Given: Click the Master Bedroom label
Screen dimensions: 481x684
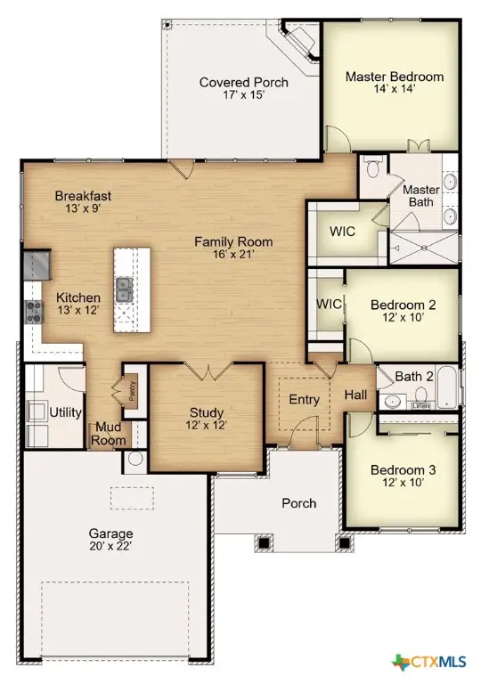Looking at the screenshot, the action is click(395, 77).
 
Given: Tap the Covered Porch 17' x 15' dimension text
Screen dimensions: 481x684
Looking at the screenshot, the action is click(243, 94).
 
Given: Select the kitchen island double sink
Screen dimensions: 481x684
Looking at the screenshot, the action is click(125, 289).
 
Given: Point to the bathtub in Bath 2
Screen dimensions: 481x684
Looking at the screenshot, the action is click(447, 387).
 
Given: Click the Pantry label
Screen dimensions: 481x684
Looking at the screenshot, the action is click(133, 391).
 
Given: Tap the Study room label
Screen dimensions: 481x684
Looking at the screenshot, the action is click(207, 412).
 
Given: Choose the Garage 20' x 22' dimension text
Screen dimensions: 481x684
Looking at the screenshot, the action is click(110, 546).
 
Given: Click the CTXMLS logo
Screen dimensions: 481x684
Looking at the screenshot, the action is click(428, 663).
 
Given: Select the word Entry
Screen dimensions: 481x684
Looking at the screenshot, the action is click(305, 399).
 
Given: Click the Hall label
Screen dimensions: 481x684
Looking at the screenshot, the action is click(355, 395).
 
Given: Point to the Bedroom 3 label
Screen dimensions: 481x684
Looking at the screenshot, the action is click(403, 470).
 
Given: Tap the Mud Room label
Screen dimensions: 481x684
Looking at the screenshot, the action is click(109, 433).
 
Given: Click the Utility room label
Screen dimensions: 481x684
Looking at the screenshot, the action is click(66, 412).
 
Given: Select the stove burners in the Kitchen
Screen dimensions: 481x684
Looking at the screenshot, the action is click(34, 312).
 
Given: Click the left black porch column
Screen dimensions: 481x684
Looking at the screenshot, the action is click(264, 543).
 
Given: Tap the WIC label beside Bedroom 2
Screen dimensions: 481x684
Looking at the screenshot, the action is click(328, 304).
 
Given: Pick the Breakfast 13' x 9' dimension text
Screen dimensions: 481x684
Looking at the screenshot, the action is click(83, 208).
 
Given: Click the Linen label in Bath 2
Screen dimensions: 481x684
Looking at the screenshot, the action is click(420, 406).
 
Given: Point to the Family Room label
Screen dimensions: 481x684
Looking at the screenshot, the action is click(233, 241).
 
